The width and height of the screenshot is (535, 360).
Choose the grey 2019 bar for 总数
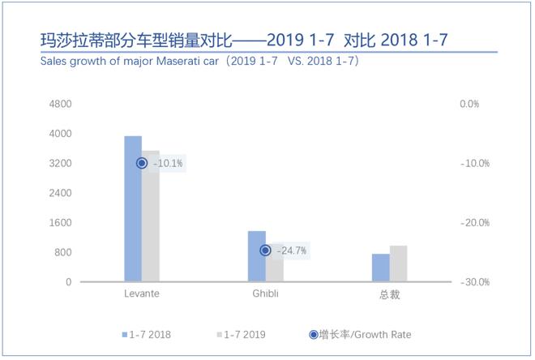click(398, 264)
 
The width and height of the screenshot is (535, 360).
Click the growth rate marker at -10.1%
click(142, 163)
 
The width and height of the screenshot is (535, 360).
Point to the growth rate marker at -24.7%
click(265, 251)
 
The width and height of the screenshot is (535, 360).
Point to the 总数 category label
click(389, 294)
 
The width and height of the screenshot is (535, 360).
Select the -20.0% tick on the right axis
click(469, 223)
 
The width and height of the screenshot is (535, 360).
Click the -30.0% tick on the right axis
click(469, 282)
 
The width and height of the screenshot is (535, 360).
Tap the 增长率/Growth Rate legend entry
click(357, 334)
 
